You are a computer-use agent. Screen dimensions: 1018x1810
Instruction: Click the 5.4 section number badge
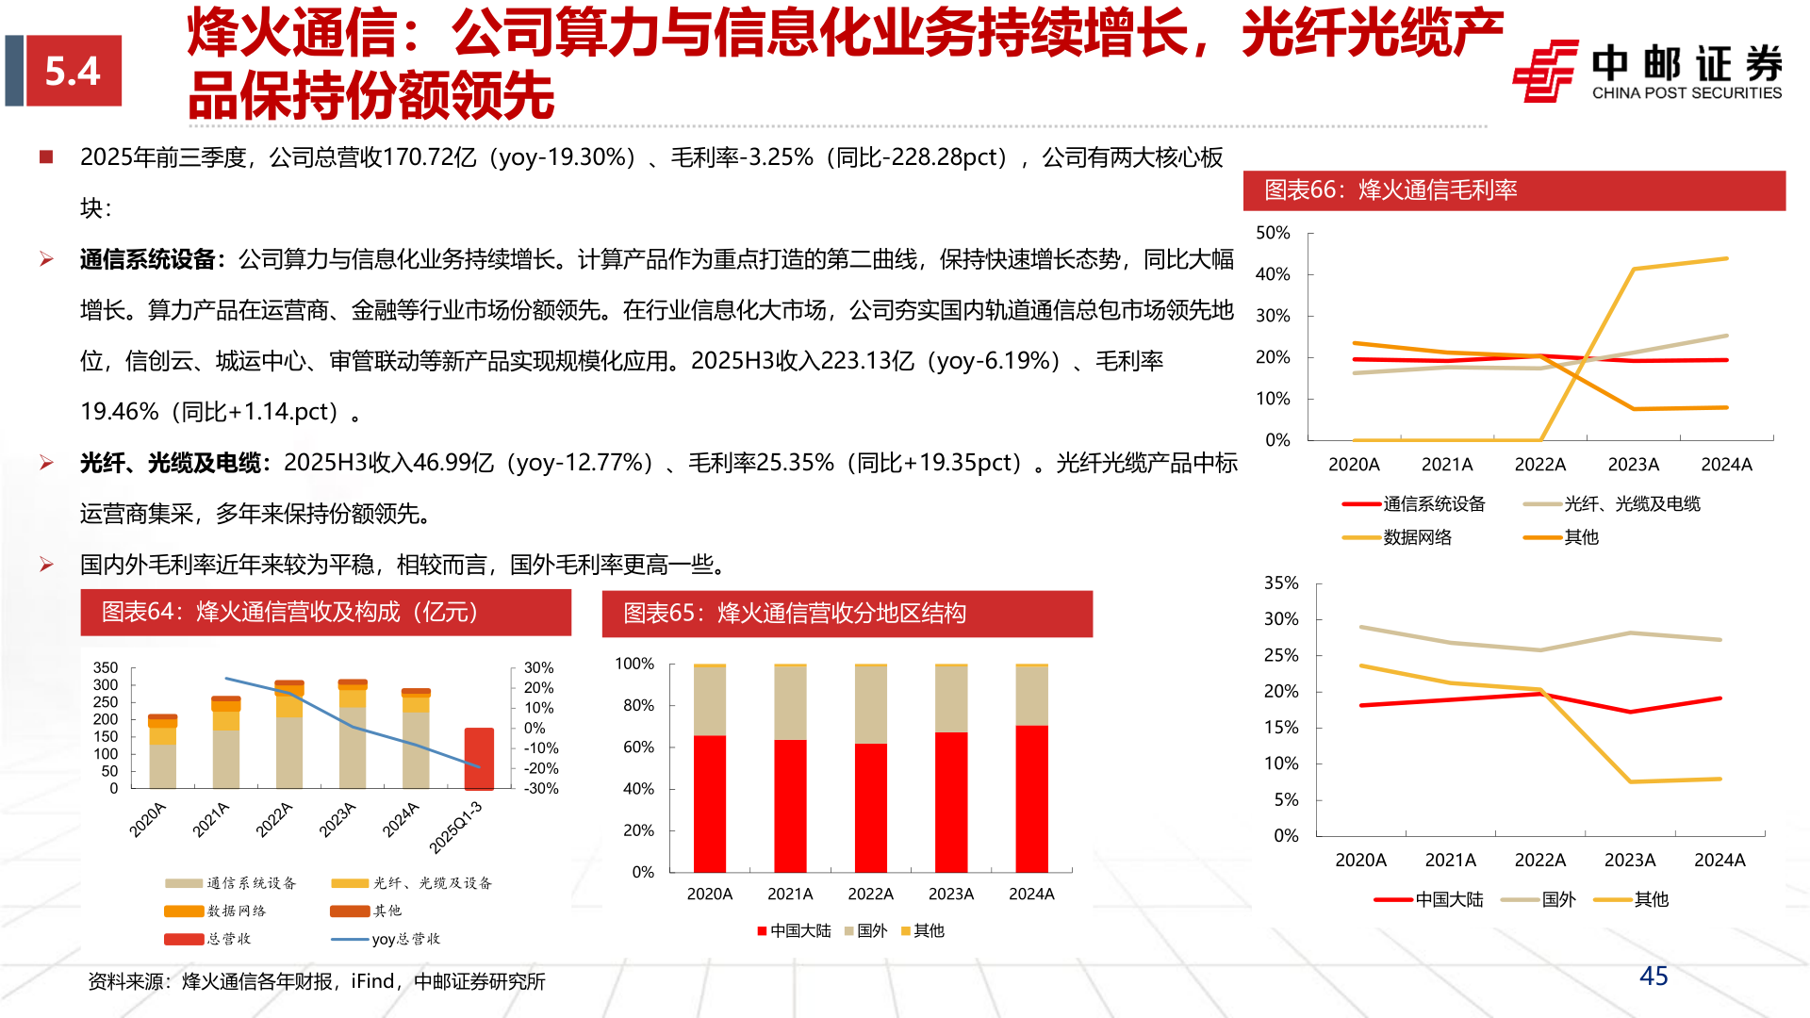coord(74,71)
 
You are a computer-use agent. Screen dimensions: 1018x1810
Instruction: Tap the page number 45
coord(1654,976)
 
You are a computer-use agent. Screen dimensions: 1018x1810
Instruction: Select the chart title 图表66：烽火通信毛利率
coord(1390,190)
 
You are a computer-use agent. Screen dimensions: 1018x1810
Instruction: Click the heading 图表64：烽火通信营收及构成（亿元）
coord(290,612)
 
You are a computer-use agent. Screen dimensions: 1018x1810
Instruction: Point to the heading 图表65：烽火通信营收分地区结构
coord(795,614)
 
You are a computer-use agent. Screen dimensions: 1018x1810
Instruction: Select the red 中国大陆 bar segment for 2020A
coord(710,803)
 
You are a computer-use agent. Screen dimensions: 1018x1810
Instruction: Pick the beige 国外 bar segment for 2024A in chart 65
coord(1031,696)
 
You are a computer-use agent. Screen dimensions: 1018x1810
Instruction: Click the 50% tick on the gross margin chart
coord(1273,233)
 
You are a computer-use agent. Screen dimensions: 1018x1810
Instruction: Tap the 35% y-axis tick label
coord(1281,583)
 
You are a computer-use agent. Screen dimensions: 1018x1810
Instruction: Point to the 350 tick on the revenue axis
coord(106,667)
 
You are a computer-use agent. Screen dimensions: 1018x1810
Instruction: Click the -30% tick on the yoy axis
coord(540,789)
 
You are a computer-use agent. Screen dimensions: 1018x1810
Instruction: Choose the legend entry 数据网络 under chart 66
coord(1417,537)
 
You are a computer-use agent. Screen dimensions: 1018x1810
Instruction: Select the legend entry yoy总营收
coord(405,939)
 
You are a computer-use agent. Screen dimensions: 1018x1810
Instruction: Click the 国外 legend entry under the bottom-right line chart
coord(1558,899)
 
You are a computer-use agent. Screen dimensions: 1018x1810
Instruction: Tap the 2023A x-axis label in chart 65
coord(950,894)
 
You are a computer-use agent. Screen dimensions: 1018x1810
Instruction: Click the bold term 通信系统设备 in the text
coord(148,259)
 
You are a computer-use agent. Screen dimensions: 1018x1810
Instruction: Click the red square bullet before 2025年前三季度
coord(46,156)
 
